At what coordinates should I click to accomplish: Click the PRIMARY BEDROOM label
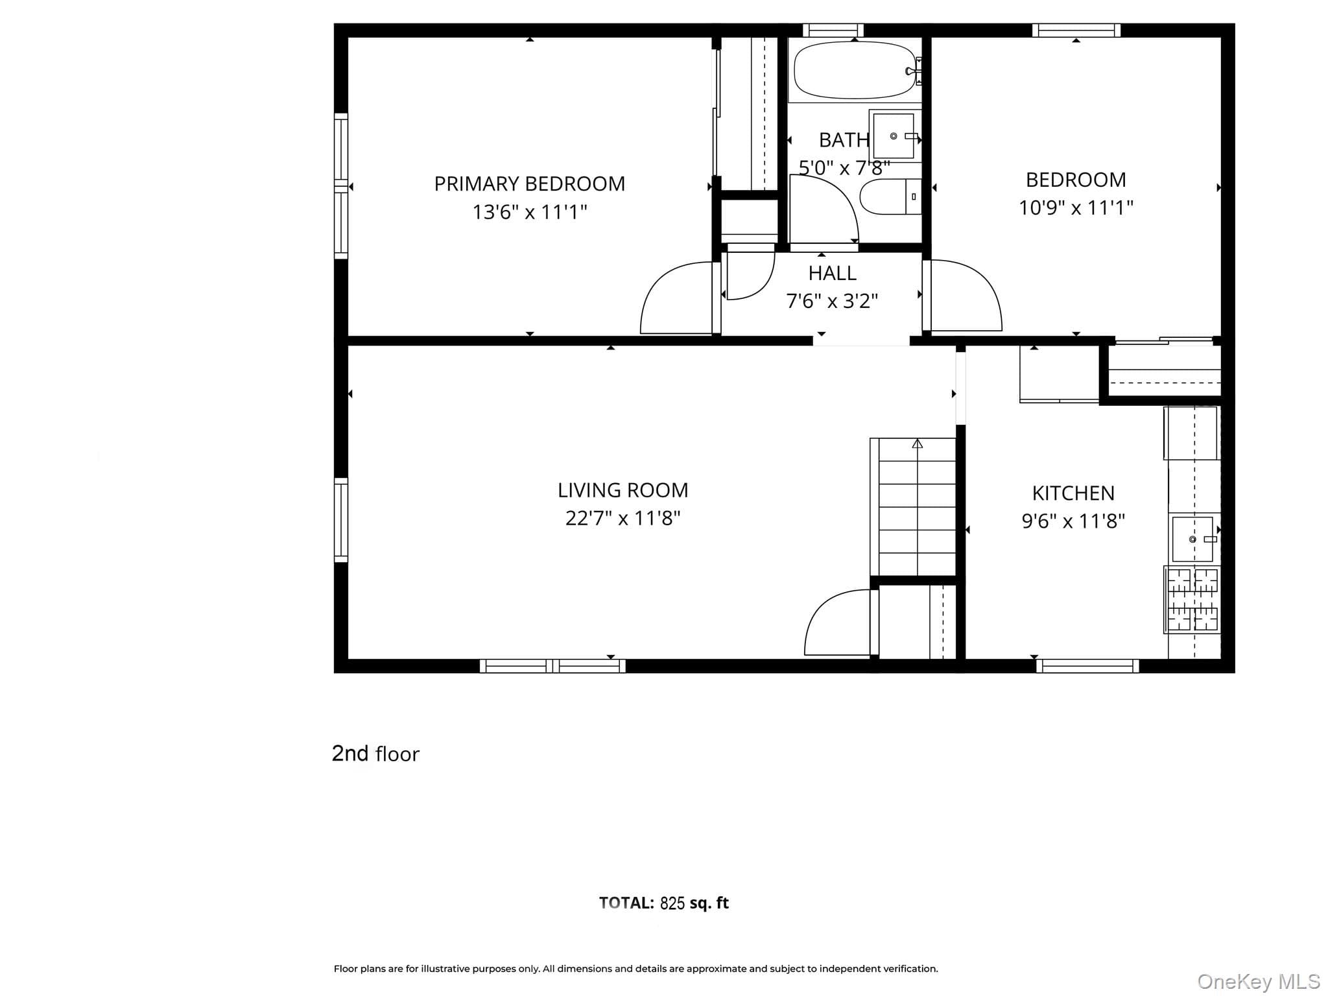529,184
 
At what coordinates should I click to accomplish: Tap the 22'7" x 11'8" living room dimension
622,518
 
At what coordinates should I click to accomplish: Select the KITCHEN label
1073,493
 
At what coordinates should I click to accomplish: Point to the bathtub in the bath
855,71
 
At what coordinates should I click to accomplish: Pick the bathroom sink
894,136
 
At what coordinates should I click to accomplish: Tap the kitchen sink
1192,539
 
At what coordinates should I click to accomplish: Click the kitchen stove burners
1192,599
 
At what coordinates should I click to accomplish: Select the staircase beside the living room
913,506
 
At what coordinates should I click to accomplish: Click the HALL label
832,273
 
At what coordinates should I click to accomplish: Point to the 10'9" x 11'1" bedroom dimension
1076,207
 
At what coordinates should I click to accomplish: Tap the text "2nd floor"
375,753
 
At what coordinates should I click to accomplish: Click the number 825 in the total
672,903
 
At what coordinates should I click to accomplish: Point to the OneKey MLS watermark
1259,982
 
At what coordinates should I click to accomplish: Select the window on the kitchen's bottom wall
1087,666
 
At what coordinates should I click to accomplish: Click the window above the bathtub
833,30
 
